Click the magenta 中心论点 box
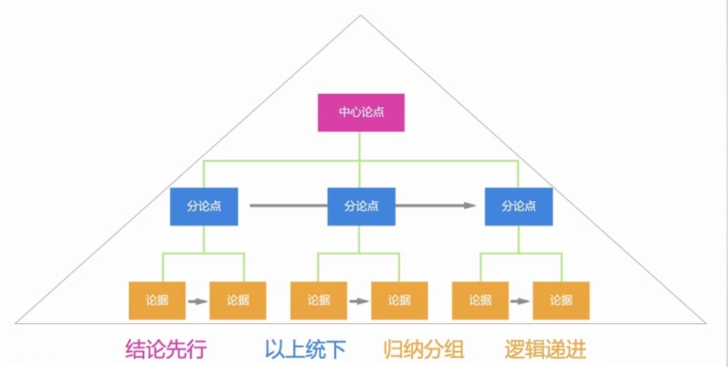tap(360, 112)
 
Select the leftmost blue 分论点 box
tap(204, 206)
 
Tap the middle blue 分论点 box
tap(360, 206)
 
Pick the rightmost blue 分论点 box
tap(518, 206)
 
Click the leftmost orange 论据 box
tap(157, 300)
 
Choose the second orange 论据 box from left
tap(238, 300)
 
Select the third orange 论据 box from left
tap(318, 300)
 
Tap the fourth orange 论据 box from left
tap(399, 300)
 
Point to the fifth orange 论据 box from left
tap(480, 300)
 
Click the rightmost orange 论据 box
tap(560, 300)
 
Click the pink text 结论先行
tap(166, 349)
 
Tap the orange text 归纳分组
tap(424, 349)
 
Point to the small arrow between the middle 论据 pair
tap(359, 301)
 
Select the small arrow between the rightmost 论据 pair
tap(520, 301)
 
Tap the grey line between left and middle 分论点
tap(288, 206)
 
